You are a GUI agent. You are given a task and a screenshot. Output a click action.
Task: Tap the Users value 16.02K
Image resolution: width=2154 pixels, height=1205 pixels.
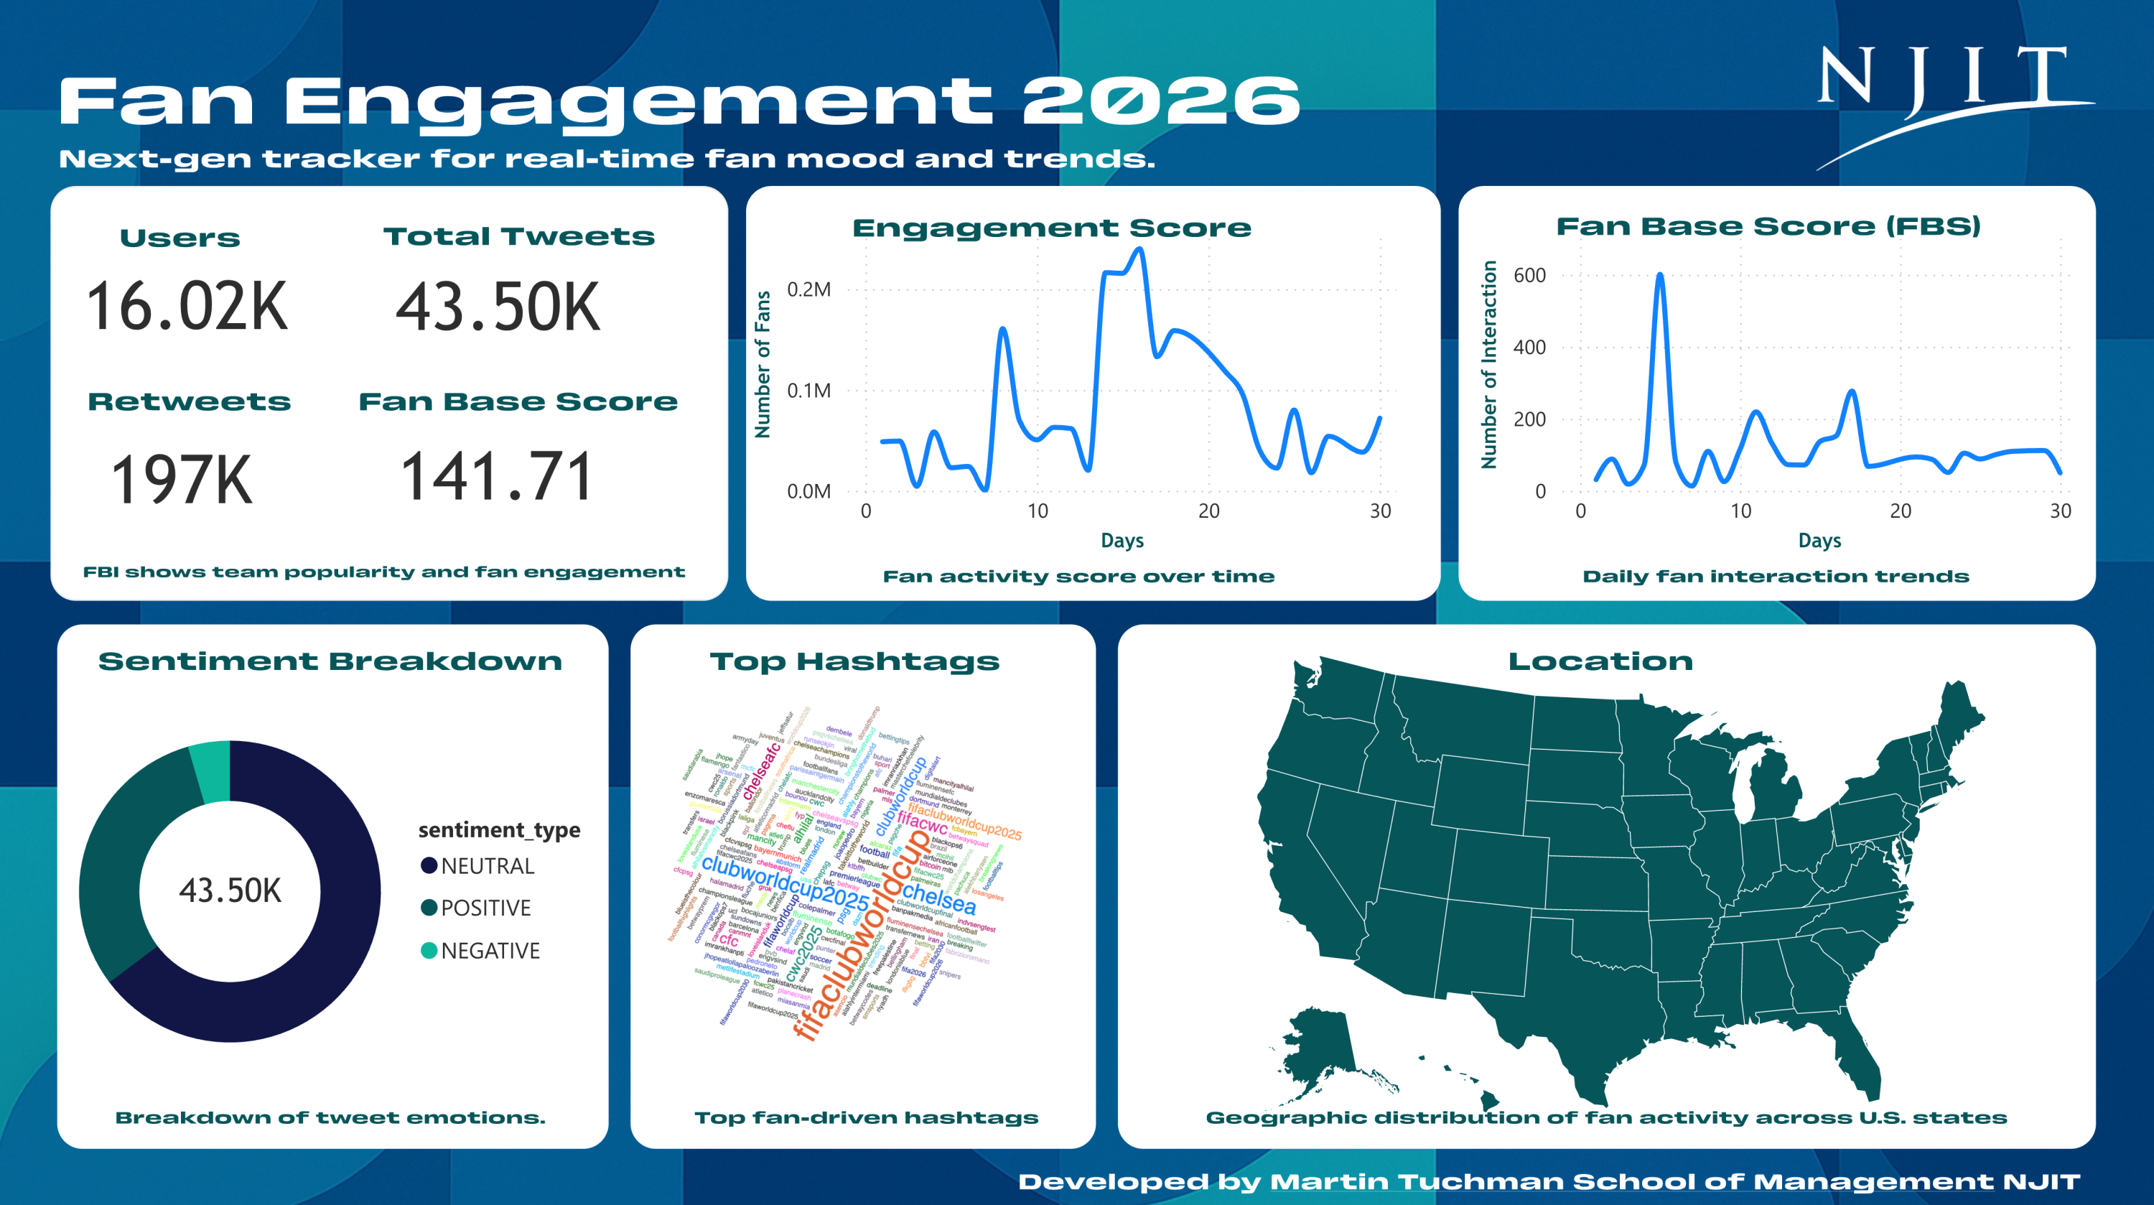point(187,307)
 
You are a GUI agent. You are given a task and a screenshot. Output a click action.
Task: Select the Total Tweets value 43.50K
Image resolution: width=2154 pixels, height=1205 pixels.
point(498,307)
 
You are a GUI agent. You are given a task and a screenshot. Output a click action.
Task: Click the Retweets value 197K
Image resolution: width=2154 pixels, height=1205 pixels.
point(182,480)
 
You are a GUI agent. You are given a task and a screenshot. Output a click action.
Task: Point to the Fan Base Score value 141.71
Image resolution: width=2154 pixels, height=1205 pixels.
point(497,477)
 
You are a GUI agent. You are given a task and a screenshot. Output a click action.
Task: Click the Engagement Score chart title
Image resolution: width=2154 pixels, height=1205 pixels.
point(1051,228)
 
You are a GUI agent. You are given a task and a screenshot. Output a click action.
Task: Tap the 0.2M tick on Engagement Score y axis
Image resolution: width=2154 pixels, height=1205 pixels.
point(808,289)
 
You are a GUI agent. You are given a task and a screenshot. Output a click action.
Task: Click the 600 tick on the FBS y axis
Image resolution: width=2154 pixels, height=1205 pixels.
point(1529,275)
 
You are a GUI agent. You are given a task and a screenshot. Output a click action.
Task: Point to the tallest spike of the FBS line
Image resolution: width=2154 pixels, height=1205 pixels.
point(1660,275)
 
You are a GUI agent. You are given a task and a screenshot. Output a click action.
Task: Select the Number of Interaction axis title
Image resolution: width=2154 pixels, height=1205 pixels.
point(1488,365)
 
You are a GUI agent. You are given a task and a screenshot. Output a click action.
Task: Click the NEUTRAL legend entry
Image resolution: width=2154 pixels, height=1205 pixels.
point(477,865)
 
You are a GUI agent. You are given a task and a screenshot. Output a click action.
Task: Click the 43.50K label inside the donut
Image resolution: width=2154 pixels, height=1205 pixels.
point(230,890)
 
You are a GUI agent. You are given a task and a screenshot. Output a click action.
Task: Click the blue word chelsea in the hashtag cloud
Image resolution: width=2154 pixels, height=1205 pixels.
point(938,898)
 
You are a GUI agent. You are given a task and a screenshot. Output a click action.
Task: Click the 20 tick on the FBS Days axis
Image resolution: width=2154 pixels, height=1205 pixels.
point(1900,511)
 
